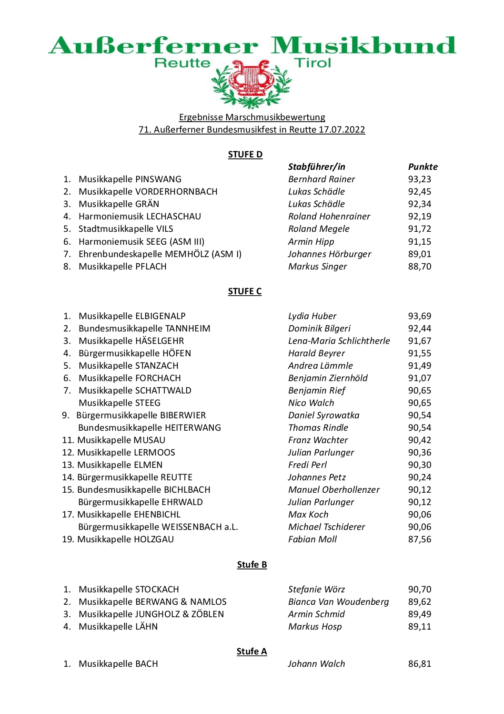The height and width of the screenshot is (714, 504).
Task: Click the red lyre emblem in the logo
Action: (x=251, y=79)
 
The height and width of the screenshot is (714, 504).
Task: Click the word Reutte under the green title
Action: (x=182, y=63)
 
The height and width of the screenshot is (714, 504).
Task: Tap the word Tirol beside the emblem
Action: (x=312, y=63)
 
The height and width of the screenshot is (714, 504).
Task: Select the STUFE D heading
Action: (x=245, y=155)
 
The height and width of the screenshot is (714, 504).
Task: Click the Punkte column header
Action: (x=423, y=167)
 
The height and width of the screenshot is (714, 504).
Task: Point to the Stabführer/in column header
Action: (x=316, y=167)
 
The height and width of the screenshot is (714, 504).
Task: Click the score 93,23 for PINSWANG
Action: (x=419, y=179)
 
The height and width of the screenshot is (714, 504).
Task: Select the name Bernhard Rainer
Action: (x=322, y=179)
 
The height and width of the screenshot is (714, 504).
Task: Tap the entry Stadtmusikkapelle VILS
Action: (x=126, y=229)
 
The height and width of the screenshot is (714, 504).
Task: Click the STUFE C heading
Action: (x=244, y=291)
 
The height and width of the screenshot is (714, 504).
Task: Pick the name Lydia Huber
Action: (x=312, y=316)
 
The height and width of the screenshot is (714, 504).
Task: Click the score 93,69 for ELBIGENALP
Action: (x=419, y=316)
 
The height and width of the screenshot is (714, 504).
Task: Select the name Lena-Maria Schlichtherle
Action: (x=339, y=341)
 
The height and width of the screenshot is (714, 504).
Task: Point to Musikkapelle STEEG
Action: (x=120, y=403)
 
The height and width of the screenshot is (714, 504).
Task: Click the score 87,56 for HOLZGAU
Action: (x=419, y=539)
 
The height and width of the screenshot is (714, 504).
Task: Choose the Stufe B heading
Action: (x=252, y=565)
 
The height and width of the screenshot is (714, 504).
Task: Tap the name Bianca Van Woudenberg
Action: (x=338, y=602)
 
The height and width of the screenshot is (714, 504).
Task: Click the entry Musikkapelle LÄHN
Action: (x=118, y=627)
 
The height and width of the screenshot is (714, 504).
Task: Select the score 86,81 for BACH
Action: (x=419, y=664)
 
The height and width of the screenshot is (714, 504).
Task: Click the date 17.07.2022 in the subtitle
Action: (x=342, y=130)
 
